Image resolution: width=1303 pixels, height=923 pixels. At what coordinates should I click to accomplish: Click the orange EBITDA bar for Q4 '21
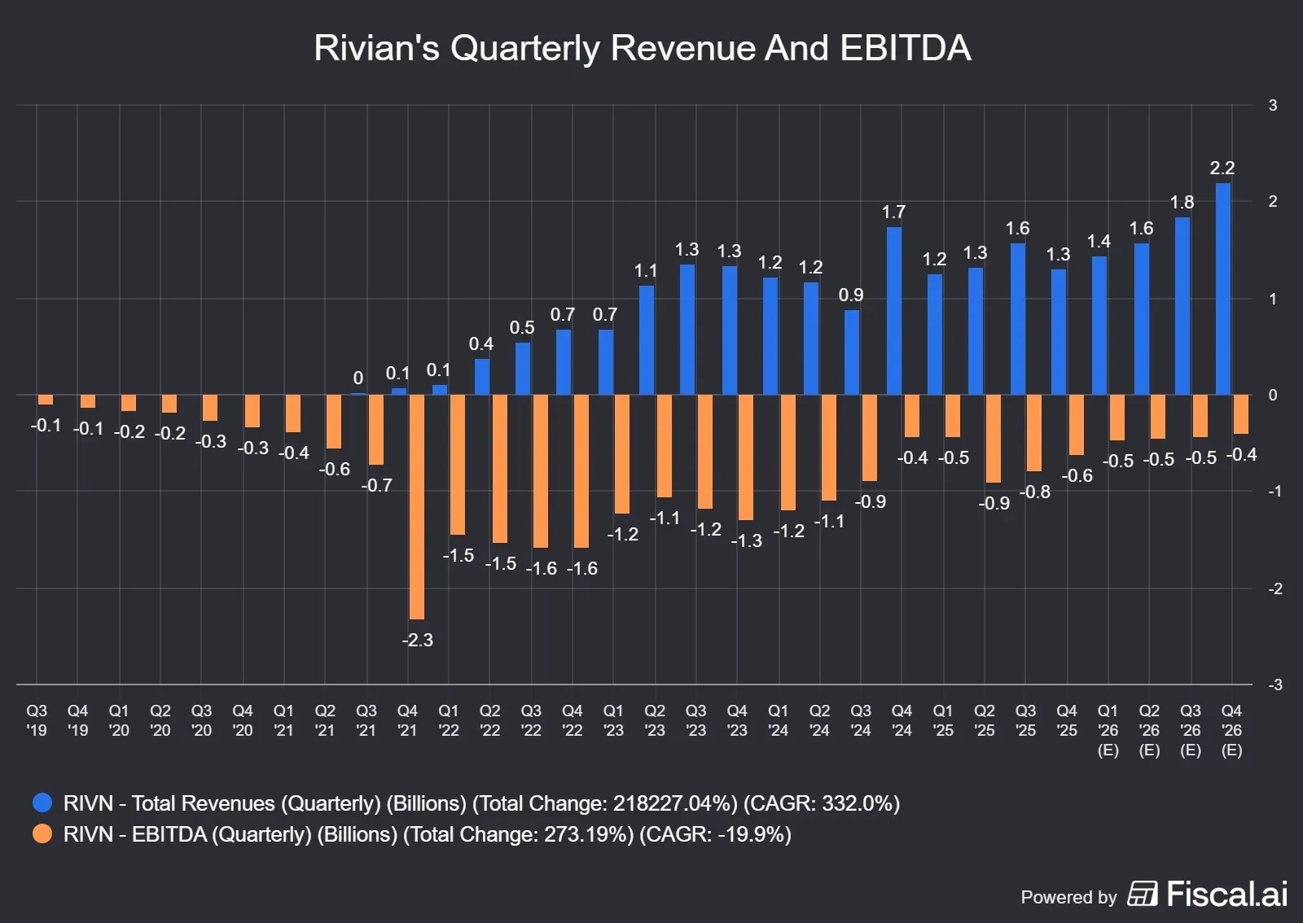(x=416, y=506)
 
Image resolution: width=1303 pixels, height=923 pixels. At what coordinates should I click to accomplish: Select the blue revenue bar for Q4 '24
(x=893, y=311)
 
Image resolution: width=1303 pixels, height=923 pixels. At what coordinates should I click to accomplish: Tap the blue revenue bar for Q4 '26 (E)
(x=1222, y=289)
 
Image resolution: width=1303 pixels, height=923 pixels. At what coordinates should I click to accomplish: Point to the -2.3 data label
(x=417, y=641)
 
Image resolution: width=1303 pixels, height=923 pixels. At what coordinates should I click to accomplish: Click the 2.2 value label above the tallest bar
(x=1222, y=168)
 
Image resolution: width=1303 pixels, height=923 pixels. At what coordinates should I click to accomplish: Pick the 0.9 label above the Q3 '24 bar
(x=851, y=295)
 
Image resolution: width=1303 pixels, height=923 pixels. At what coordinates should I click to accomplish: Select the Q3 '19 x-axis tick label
(x=37, y=720)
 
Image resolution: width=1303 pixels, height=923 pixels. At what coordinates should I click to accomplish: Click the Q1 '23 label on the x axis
(x=613, y=720)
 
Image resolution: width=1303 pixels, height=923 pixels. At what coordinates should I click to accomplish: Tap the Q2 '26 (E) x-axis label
(x=1149, y=730)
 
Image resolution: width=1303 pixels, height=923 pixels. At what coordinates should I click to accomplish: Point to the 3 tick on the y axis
(x=1272, y=105)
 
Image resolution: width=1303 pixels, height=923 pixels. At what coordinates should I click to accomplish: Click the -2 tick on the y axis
(x=1274, y=588)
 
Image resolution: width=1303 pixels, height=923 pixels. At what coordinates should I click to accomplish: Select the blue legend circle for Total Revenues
(x=42, y=803)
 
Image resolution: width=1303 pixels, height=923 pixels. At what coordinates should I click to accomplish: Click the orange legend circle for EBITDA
(x=42, y=834)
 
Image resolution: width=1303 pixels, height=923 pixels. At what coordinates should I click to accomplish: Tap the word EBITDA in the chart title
(x=905, y=48)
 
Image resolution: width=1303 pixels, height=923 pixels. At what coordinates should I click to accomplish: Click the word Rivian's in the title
(x=376, y=48)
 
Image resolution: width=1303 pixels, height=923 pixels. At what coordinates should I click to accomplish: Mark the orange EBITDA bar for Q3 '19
(x=46, y=400)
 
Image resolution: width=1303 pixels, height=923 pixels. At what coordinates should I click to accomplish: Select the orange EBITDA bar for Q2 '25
(x=993, y=439)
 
